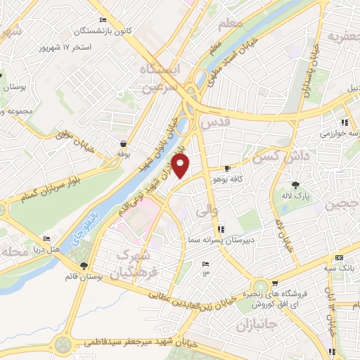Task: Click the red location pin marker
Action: tap(181, 167)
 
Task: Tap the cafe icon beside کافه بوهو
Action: tap(227, 169)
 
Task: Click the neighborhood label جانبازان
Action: tap(252, 326)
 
